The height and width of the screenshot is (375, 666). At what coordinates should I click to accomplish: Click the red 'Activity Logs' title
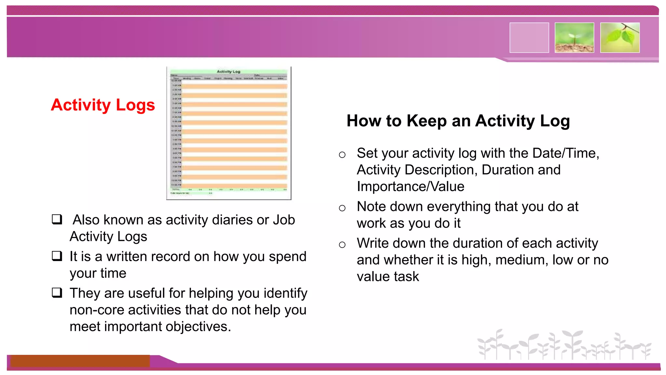pyautogui.click(x=103, y=105)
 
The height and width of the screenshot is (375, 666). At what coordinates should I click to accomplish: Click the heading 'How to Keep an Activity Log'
pyautogui.click(x=458, y=121)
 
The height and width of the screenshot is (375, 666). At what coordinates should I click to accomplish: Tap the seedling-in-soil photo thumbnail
pyautogui.click(x=574, y=38)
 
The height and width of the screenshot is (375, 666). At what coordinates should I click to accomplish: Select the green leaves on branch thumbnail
pyautogui.click(x=620, y=38)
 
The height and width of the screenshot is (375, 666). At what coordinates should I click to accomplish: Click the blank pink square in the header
pyautogui.click(x=529, y=38)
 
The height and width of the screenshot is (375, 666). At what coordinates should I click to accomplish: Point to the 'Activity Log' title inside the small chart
pyautogui.click(x=228, y=71)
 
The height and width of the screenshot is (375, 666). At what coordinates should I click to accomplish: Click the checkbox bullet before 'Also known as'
pyautogui.click(x=57, y=219)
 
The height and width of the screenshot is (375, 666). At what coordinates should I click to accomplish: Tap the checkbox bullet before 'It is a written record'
pyautogui.click(x=57, y=256)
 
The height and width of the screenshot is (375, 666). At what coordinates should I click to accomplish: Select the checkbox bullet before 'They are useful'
pyautogui.click(x=57, y=293)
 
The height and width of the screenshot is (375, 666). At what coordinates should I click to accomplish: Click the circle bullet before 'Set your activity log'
pyautogui.click(x=342, y=155)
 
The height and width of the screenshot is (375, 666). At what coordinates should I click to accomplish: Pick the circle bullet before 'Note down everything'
pyautogui.click(x=342, y=208)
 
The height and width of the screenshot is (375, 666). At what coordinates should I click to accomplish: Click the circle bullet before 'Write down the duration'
pyautogui.click(x=342, y=244)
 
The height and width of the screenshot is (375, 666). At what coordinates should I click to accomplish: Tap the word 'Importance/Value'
pyautogui.click(x=410, y=187)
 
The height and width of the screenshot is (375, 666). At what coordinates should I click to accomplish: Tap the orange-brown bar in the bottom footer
pyautogui.click(x=80, y=361)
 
